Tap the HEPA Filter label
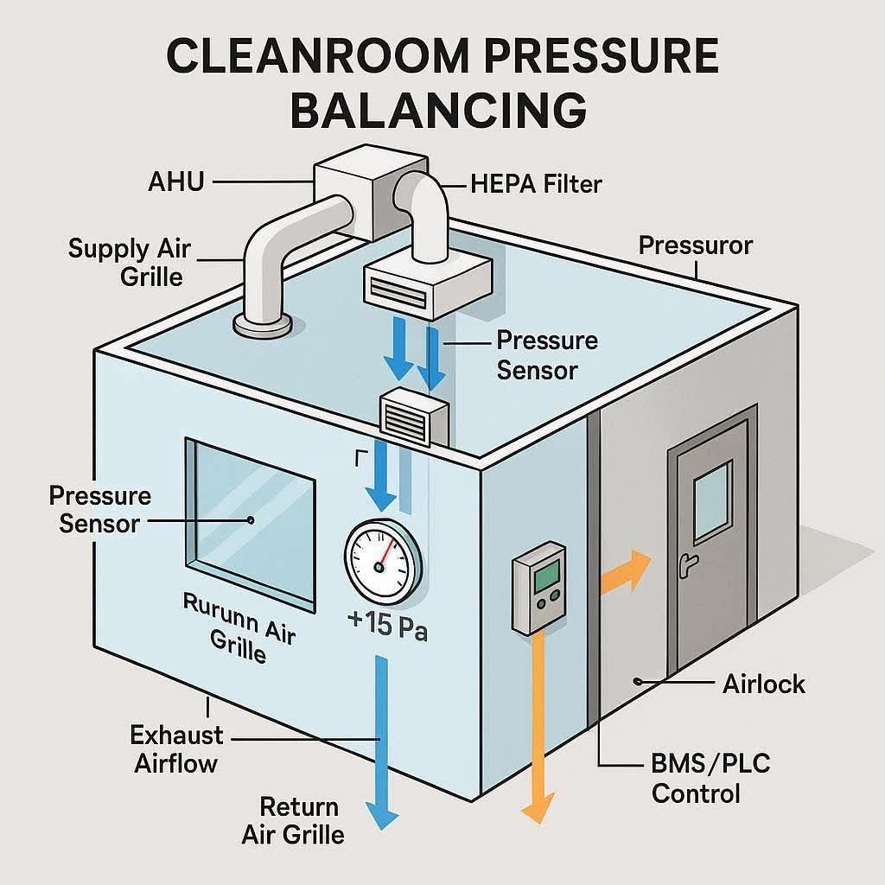(536, 183)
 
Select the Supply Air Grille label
(130, 262)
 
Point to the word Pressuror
(696, 245)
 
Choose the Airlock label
(763, 684)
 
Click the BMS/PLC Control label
(710, 778)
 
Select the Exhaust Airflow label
(176, 748)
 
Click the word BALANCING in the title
(442, 111)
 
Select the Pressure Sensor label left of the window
(99, 509)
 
